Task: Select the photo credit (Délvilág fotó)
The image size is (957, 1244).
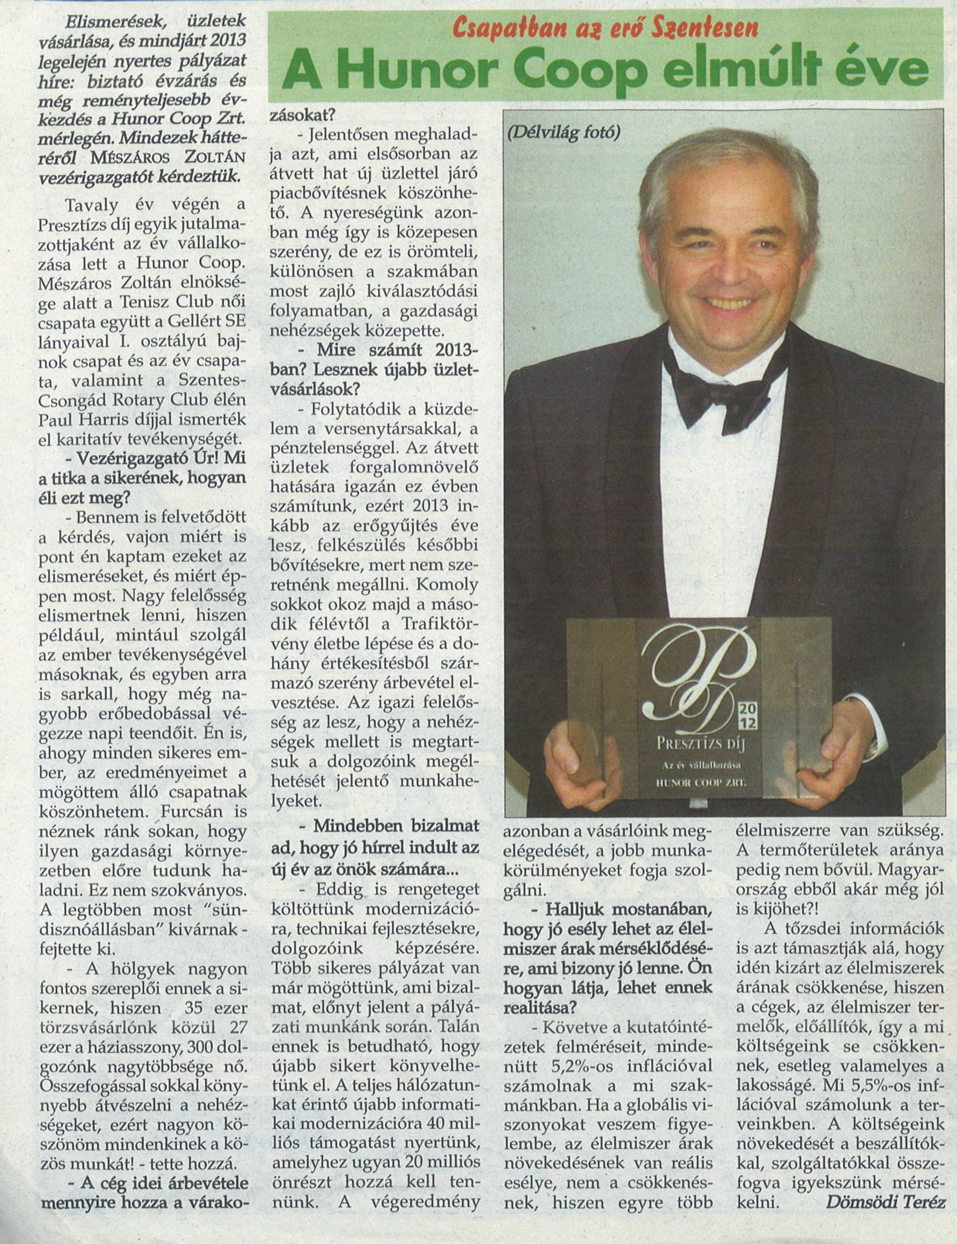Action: [x=562, y=132]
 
